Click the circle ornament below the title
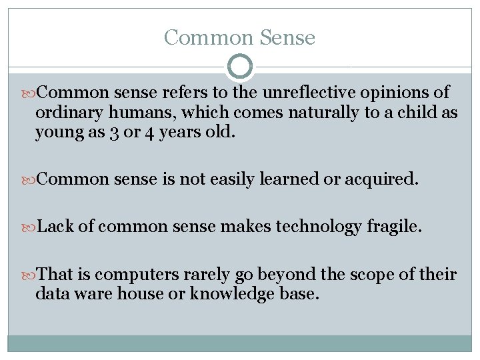[x=240, y=67]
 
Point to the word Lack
[x=57, y=227]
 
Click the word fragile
[x=394, y=227]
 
